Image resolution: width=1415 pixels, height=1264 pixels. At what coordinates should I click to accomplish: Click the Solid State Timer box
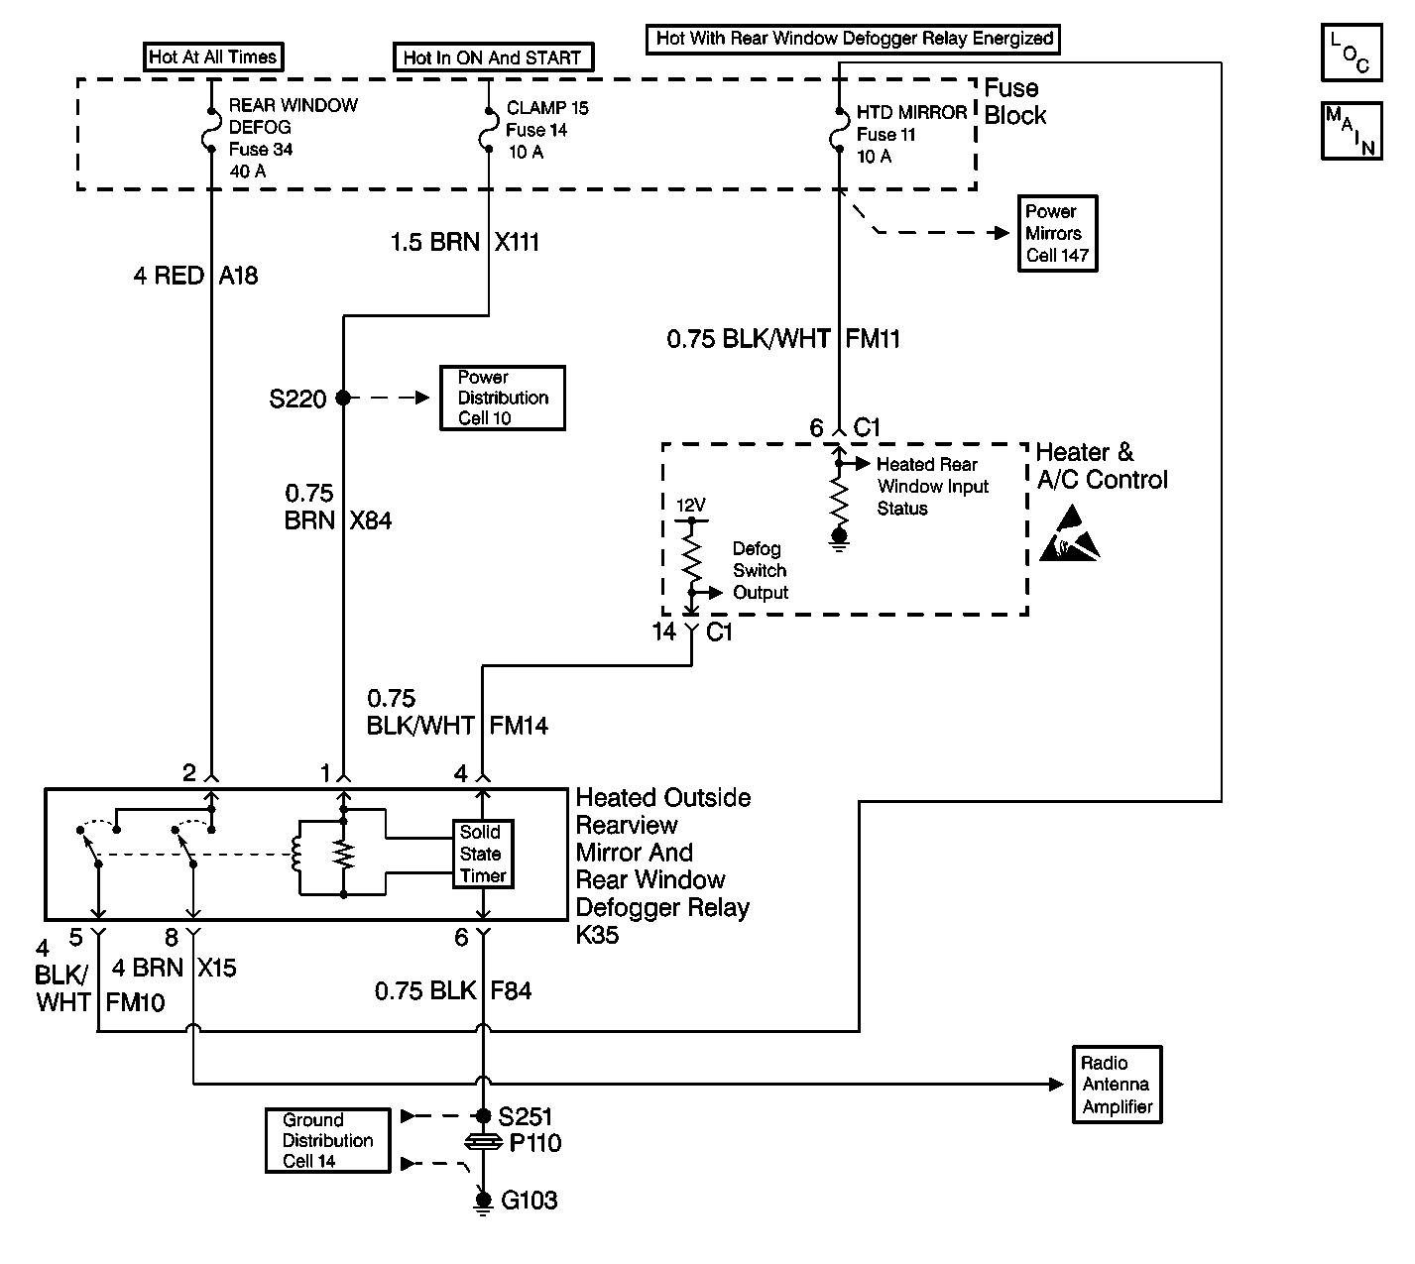(483, 855)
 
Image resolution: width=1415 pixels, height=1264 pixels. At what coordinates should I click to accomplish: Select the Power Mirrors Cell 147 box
(1058, 234)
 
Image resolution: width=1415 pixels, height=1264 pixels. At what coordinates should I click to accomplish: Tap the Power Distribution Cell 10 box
(503, 399)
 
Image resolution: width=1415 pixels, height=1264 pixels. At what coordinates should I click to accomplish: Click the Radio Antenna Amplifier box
(1118, 1085)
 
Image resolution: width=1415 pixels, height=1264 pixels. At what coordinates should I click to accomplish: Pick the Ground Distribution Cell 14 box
(327, 1141)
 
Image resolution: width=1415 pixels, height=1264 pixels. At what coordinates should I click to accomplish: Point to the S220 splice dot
(343, 399)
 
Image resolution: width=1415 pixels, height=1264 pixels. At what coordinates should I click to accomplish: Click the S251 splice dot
(484, 1116)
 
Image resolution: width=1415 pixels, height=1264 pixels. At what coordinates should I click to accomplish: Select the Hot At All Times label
(212, 57)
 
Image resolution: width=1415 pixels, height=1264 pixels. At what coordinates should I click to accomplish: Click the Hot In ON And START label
(493, 57)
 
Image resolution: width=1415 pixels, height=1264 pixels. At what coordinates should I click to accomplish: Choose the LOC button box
(1351, 53)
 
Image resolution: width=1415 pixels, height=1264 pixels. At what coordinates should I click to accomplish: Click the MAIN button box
(1351, 130)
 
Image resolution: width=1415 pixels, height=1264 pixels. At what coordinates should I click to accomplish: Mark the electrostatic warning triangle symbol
(1070, 535)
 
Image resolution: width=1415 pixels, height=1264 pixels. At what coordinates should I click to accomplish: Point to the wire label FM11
(873, 339)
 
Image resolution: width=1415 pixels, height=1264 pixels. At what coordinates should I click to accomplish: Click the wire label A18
(238, 276)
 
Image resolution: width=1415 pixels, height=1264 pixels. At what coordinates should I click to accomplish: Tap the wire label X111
(517, 242)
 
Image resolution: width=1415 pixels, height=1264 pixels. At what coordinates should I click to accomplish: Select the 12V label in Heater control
(690, 506)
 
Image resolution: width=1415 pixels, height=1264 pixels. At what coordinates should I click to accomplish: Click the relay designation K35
(597, 935)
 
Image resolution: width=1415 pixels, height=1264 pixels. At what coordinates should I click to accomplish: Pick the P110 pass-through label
(535, 1144)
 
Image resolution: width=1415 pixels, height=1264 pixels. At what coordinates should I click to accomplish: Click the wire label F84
(511, 990)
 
